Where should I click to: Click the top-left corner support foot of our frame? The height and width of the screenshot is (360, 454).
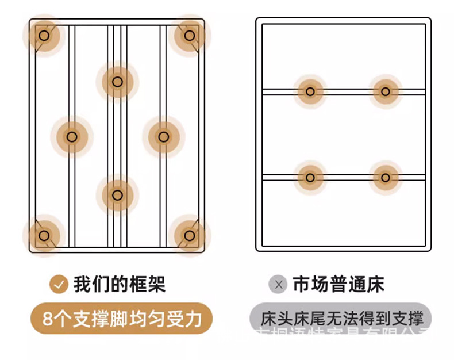click(44, 36)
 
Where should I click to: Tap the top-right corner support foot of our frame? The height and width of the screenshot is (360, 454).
click(189, 36)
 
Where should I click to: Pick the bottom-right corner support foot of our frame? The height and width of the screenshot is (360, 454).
click(189, 235)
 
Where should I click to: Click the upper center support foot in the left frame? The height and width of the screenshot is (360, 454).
click(117, 82)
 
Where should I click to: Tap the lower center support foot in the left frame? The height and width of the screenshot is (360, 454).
click(117, 195)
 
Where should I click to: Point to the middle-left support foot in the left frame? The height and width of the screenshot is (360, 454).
click(71, 137)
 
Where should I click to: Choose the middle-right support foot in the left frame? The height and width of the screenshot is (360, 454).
click(163, 137)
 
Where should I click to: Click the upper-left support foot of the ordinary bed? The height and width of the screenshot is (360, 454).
click(310, 91)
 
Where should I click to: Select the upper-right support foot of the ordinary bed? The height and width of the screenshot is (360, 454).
click(385, 91)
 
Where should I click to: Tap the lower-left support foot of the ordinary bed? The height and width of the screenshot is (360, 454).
click(310, 177)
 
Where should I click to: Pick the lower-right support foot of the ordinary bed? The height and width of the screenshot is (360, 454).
click(385, 177)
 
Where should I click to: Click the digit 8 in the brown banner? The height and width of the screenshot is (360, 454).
click(49, 319)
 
